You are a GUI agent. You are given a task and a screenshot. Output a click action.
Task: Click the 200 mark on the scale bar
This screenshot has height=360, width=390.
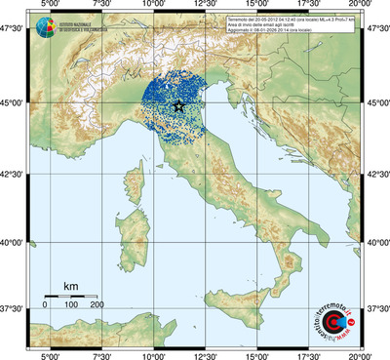(97, 305)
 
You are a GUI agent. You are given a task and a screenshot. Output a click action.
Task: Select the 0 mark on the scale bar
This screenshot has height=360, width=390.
(45, 305)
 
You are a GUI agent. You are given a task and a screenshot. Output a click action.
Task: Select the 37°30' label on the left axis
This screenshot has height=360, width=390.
(14, 308)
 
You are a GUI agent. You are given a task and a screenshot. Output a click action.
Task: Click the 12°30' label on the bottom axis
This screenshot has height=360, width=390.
(205, 354)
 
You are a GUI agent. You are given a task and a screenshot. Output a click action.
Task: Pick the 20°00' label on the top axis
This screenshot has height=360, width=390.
(362, 6)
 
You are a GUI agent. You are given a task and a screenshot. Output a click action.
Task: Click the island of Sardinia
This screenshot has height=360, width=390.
(136, 227)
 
